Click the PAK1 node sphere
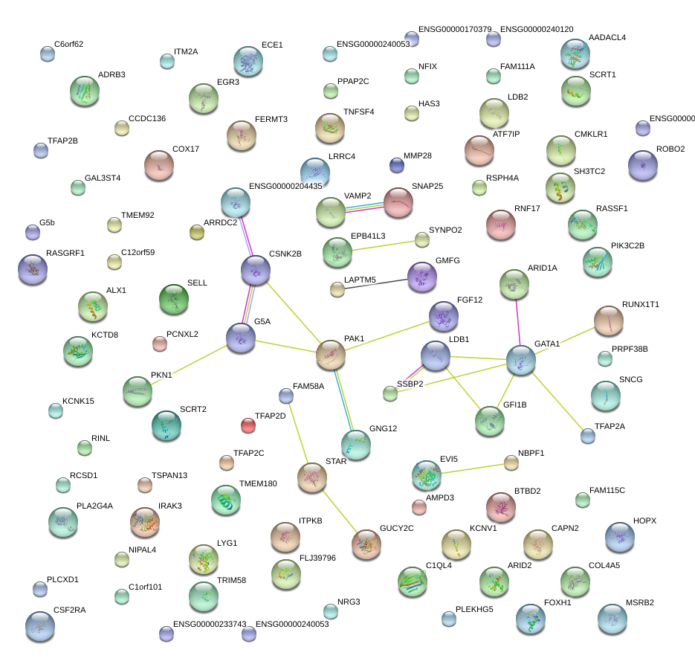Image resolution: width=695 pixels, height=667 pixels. (330, 355)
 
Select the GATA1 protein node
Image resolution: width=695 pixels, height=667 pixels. (521, 361)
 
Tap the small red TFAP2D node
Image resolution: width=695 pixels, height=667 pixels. (248, 425)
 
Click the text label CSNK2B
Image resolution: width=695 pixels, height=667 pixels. (285, 254)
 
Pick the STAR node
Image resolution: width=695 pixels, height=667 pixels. (312, 477)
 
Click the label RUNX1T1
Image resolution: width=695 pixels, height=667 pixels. (641, 305)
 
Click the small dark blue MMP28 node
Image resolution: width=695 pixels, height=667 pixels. (397, 164)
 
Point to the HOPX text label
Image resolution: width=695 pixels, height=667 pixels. (644, 521)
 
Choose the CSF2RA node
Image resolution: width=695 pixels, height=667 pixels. (39, 626)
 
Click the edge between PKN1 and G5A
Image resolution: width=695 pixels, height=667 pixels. (190, 364)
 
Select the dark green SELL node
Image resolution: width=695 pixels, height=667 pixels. (174, 299)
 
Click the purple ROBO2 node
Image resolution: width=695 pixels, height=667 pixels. (643, 165)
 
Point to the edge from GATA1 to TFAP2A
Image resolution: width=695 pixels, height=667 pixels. (556, 399)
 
